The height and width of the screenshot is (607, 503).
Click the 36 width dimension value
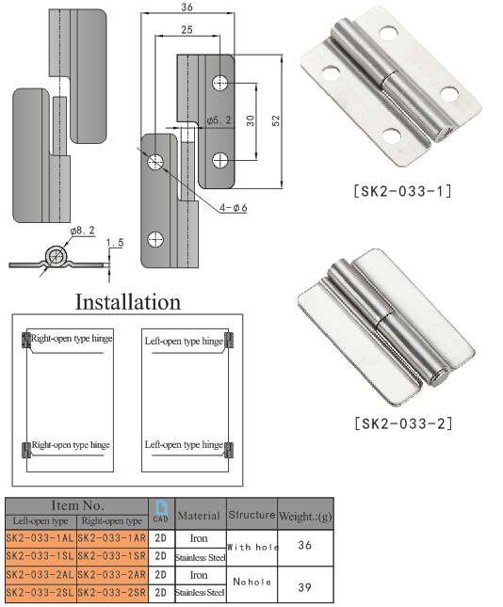186,8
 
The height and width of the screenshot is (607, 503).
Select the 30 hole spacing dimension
249,120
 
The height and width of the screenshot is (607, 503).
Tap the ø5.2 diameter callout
219,120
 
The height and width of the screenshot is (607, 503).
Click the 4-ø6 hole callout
231,208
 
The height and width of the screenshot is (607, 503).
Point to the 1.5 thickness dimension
115,243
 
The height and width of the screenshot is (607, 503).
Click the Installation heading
127,302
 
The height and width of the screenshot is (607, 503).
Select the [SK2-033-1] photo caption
402,192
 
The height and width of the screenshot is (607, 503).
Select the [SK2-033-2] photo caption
402,423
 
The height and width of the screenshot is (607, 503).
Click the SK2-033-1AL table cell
40,537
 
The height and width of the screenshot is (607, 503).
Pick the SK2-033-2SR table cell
111,592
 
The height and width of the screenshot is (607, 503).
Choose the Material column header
200,515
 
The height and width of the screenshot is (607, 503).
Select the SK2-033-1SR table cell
111,555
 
